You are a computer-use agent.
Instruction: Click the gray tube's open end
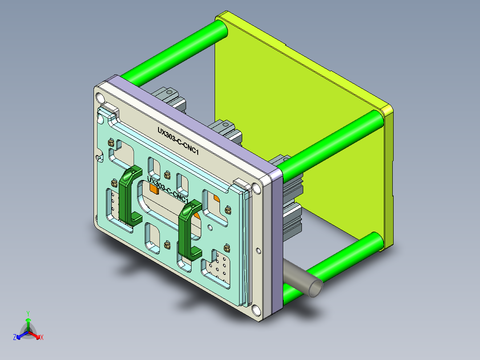coord(315,288)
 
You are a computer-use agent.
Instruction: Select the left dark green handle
coord(128,196)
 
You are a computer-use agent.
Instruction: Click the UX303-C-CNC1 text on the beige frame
coord(178,141)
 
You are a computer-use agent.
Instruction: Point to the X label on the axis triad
coord(42,338)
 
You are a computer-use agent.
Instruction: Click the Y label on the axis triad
coord(28,313)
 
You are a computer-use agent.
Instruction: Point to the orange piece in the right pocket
coord(216,197)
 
